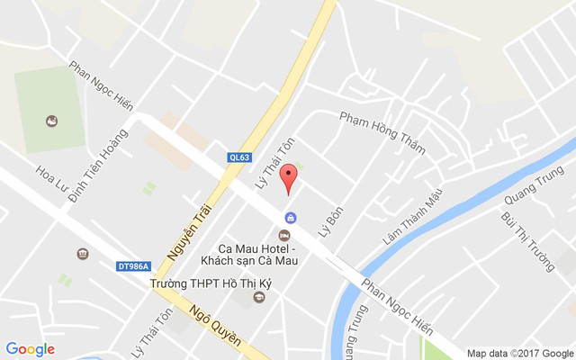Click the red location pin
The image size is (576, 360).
point(288,177)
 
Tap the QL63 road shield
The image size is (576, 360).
point(239,158)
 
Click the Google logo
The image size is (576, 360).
point(30,349)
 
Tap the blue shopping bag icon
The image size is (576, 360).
point(291,218)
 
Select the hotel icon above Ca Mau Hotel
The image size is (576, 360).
point(284,236)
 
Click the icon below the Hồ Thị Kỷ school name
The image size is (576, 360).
point(260,298)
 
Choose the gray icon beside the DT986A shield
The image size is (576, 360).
point(83,253)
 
